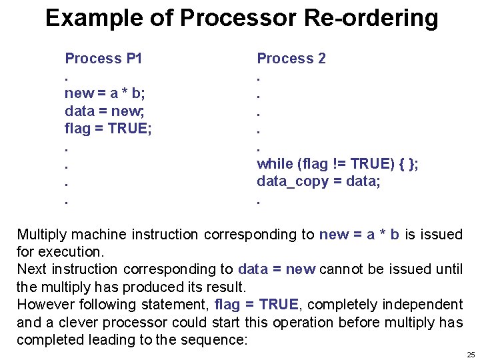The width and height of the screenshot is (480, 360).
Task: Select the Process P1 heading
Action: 103,59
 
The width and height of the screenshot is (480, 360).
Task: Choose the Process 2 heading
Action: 291,59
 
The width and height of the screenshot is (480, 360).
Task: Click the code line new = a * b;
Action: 105,93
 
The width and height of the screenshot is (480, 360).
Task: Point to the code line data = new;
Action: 102,111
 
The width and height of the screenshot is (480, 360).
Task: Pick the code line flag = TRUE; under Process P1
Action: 108,128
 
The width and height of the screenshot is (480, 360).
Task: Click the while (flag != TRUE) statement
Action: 337,163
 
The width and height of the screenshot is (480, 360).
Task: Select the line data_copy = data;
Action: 319,181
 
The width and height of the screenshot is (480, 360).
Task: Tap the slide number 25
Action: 471,355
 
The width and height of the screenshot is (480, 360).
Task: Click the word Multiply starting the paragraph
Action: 42,235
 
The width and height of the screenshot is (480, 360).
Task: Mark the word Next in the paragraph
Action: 31,269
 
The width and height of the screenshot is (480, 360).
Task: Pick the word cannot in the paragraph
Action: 339,269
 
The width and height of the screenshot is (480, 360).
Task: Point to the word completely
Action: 342,305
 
